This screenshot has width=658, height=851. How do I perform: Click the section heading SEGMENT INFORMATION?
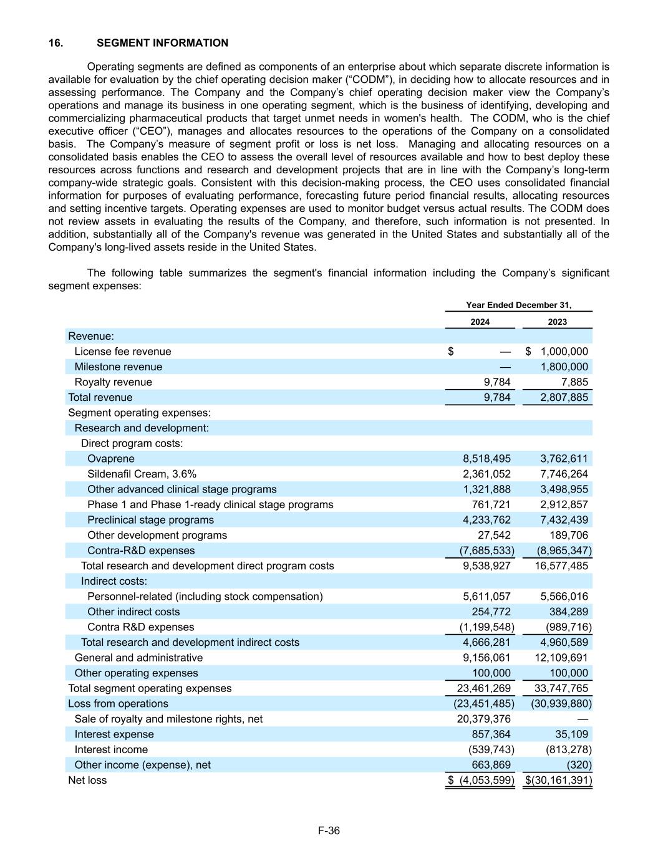pyautogui.click(x=162, y=43)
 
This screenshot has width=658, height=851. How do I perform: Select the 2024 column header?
pyautogui.click(x=480, y=322)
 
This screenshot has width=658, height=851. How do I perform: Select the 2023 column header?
pyautogui.click(x=557, y=322)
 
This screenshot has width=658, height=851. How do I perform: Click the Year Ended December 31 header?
pyautogui.click(x=518, y=305)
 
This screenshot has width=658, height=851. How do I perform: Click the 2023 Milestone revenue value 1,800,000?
pyautogui.click(x=564, y=367)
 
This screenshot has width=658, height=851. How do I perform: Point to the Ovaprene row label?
pyautogui.click(x=111, y=459)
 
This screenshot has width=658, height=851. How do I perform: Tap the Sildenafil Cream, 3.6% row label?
pyautogui.click(x=142, y=474)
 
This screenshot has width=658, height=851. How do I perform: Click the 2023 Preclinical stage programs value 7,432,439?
pyautogui.click(x=564, y=520)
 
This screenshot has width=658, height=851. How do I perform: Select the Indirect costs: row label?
pyautogui.click(x=114, y=581)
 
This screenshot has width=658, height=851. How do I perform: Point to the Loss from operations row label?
pyautogui.click(x=118, y=703)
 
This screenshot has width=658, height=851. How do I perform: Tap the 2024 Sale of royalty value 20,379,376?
pyautogui.click(x=484, y=719)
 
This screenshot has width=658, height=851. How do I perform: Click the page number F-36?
pyautogui.click(x=329, y=830)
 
